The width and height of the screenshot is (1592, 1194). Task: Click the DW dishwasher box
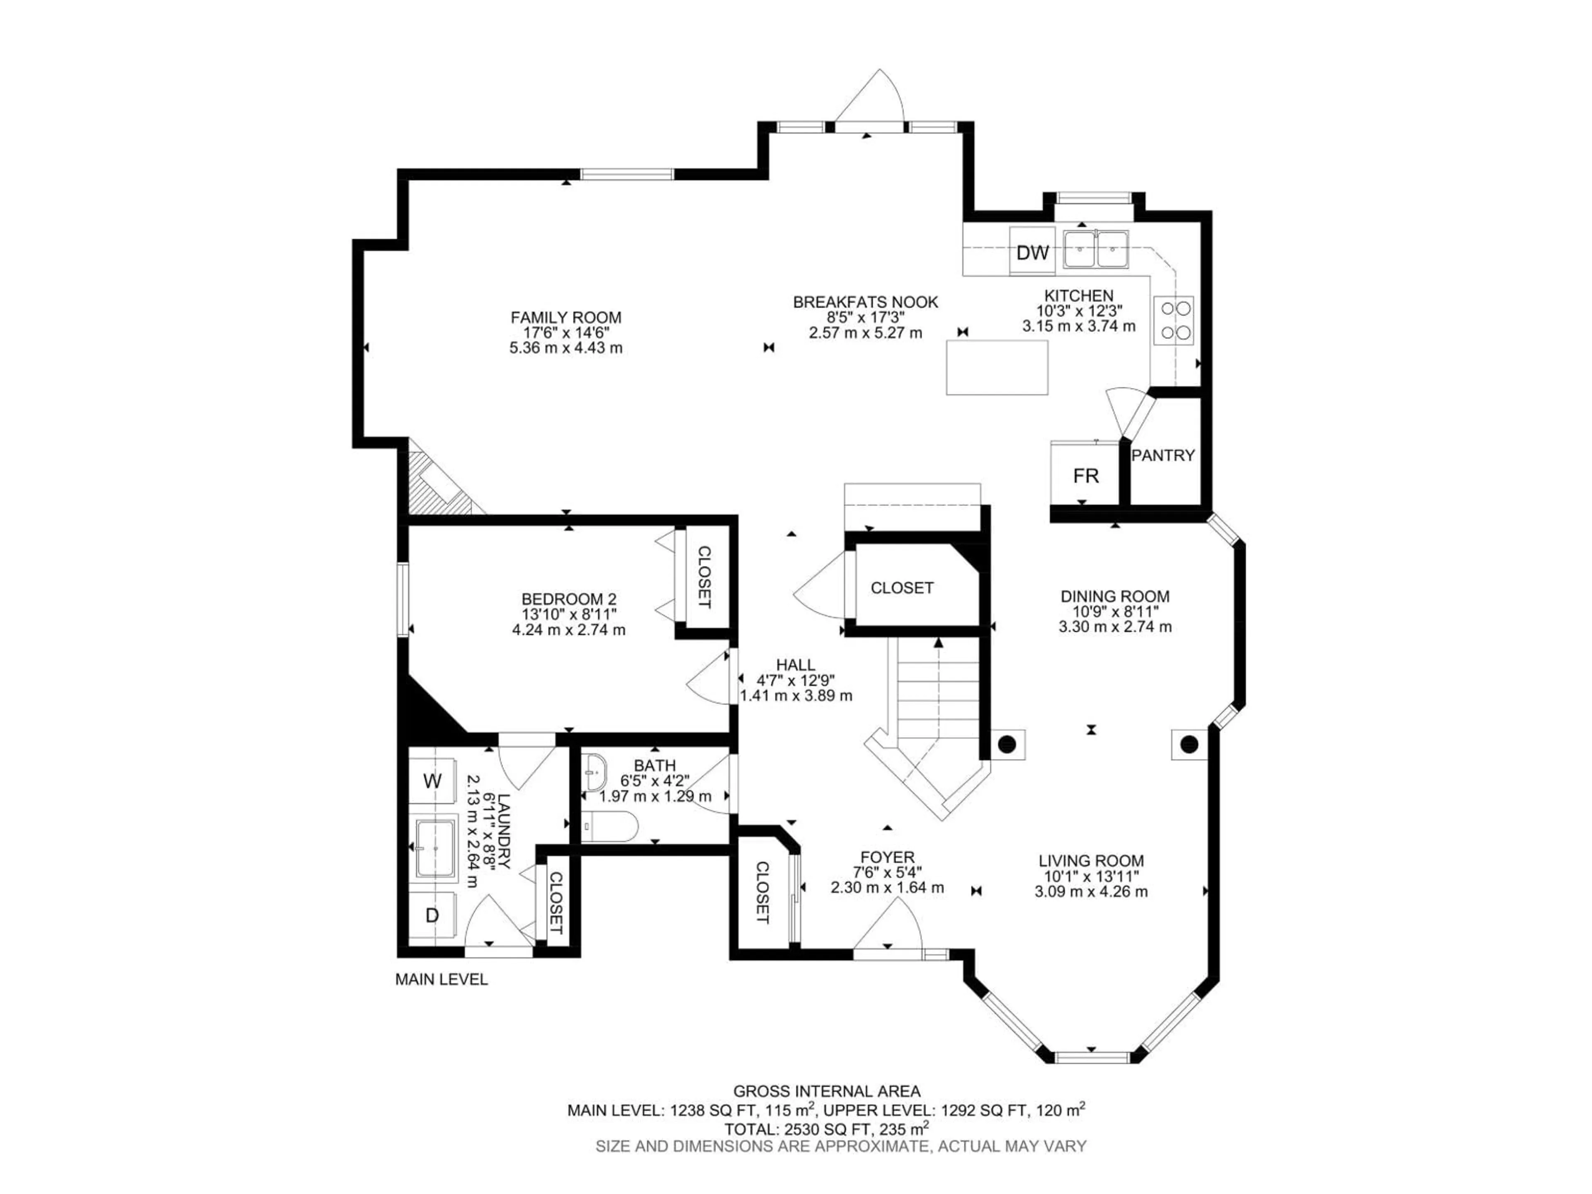[x=1032, y=252]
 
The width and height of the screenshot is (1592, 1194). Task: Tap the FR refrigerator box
[x=1085, y=476]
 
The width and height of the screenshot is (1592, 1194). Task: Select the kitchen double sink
[x=1095, y=249]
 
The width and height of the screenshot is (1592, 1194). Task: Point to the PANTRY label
[x=1162, y=455]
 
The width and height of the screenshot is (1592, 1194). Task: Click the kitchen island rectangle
[x=997, y=367]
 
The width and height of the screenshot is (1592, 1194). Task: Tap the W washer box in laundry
[x=432, y=781]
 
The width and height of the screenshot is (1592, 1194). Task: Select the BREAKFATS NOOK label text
[x=865, y=302]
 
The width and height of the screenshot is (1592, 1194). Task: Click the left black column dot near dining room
[x=1007, y=743]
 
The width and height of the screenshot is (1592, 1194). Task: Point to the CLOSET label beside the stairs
[x=902, y=588]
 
